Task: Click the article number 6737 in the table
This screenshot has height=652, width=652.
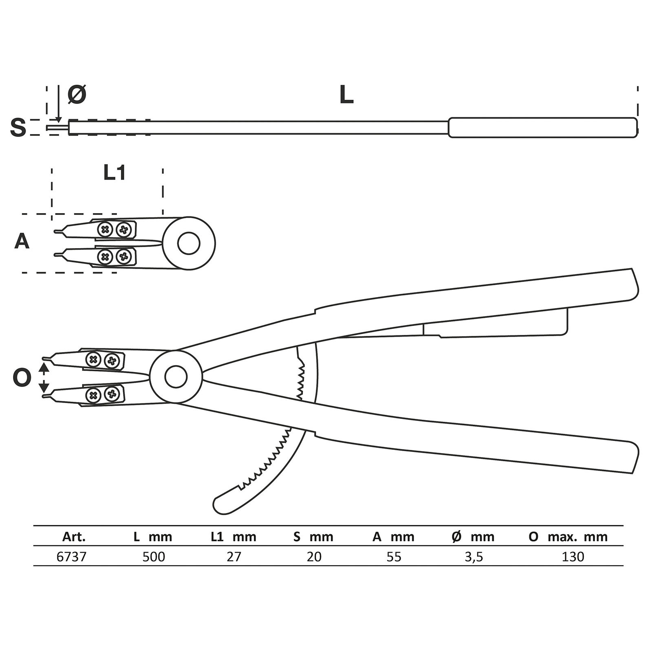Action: pos(72,556)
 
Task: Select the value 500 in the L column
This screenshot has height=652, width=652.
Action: pos(154,556)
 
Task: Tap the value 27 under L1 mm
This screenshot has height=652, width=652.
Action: pos(234,556)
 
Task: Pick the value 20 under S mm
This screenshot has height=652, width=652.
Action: pos(314,556)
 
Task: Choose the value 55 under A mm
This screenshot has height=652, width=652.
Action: pos(394,556)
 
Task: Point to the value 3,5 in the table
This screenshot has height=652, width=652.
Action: pos(474,556)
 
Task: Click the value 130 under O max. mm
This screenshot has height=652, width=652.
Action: pos(573,556)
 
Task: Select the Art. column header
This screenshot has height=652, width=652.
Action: pos(74,537)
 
